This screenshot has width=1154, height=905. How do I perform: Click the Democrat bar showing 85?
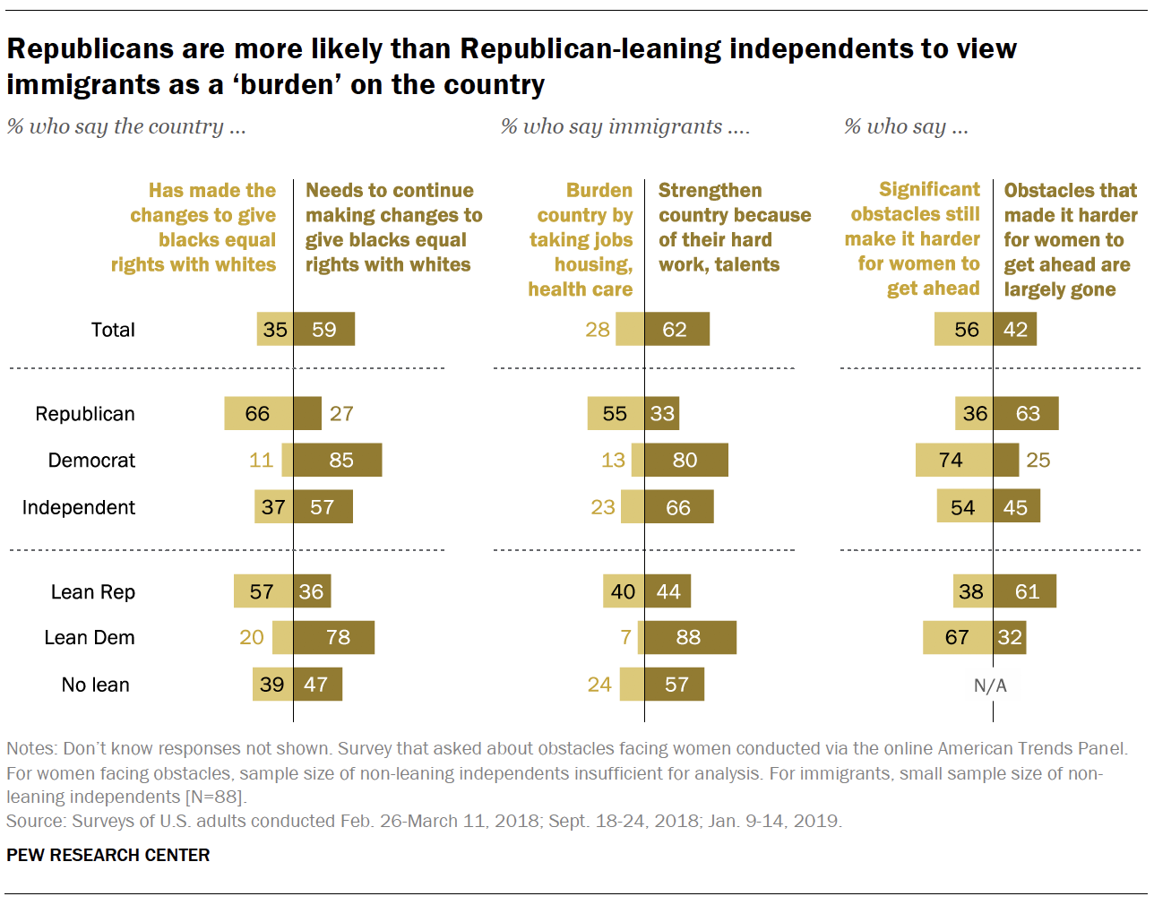click(x=338, y=460)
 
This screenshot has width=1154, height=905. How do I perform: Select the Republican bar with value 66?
click(x=258, y=413)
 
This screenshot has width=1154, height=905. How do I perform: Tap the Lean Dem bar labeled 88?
click(x=690, y=637)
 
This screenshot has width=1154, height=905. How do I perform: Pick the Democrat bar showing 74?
click(x=953, y=460)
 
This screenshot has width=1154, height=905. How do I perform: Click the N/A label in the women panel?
click(x=990, y=685)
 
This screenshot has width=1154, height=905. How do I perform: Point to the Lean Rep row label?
click(x=92, y=592)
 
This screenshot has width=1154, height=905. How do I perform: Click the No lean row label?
click(x=95, y=685)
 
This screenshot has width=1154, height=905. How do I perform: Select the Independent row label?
click(x=79, y=507)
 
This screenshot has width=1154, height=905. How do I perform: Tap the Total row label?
click(x=113, y=330)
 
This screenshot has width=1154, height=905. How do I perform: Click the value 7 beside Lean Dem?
click(x=625, y=637)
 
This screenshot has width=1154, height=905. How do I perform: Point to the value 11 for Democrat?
click(x=261, y=460)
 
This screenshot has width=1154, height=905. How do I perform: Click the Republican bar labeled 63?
click(x=1026, y=413)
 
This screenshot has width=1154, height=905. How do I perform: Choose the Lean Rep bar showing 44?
click(x=667, y=591)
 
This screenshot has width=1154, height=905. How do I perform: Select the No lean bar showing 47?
click(x=317, y=685)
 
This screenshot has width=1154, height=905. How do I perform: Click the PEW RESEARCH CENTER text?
click(x=108, y=855)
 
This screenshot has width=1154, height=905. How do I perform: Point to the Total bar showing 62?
click(x=676, y=330)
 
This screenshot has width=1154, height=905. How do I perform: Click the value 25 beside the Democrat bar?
click(x=1038, y=460)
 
